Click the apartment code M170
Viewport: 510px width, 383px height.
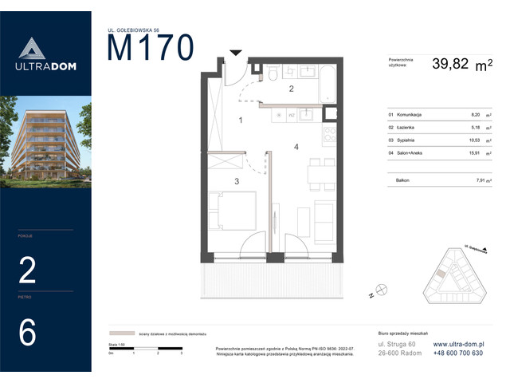pyautogui.click(x=151, y=48)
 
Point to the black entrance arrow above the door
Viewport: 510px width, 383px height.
pyautogui.click(x=235, y=53)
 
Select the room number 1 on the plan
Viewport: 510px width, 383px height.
pyautogui.click(x=241, y=120)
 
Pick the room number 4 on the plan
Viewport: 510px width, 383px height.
pyautogui.click(x=295, y=147)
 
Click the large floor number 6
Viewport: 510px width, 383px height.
pyautogui.click(x=27, y=332)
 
